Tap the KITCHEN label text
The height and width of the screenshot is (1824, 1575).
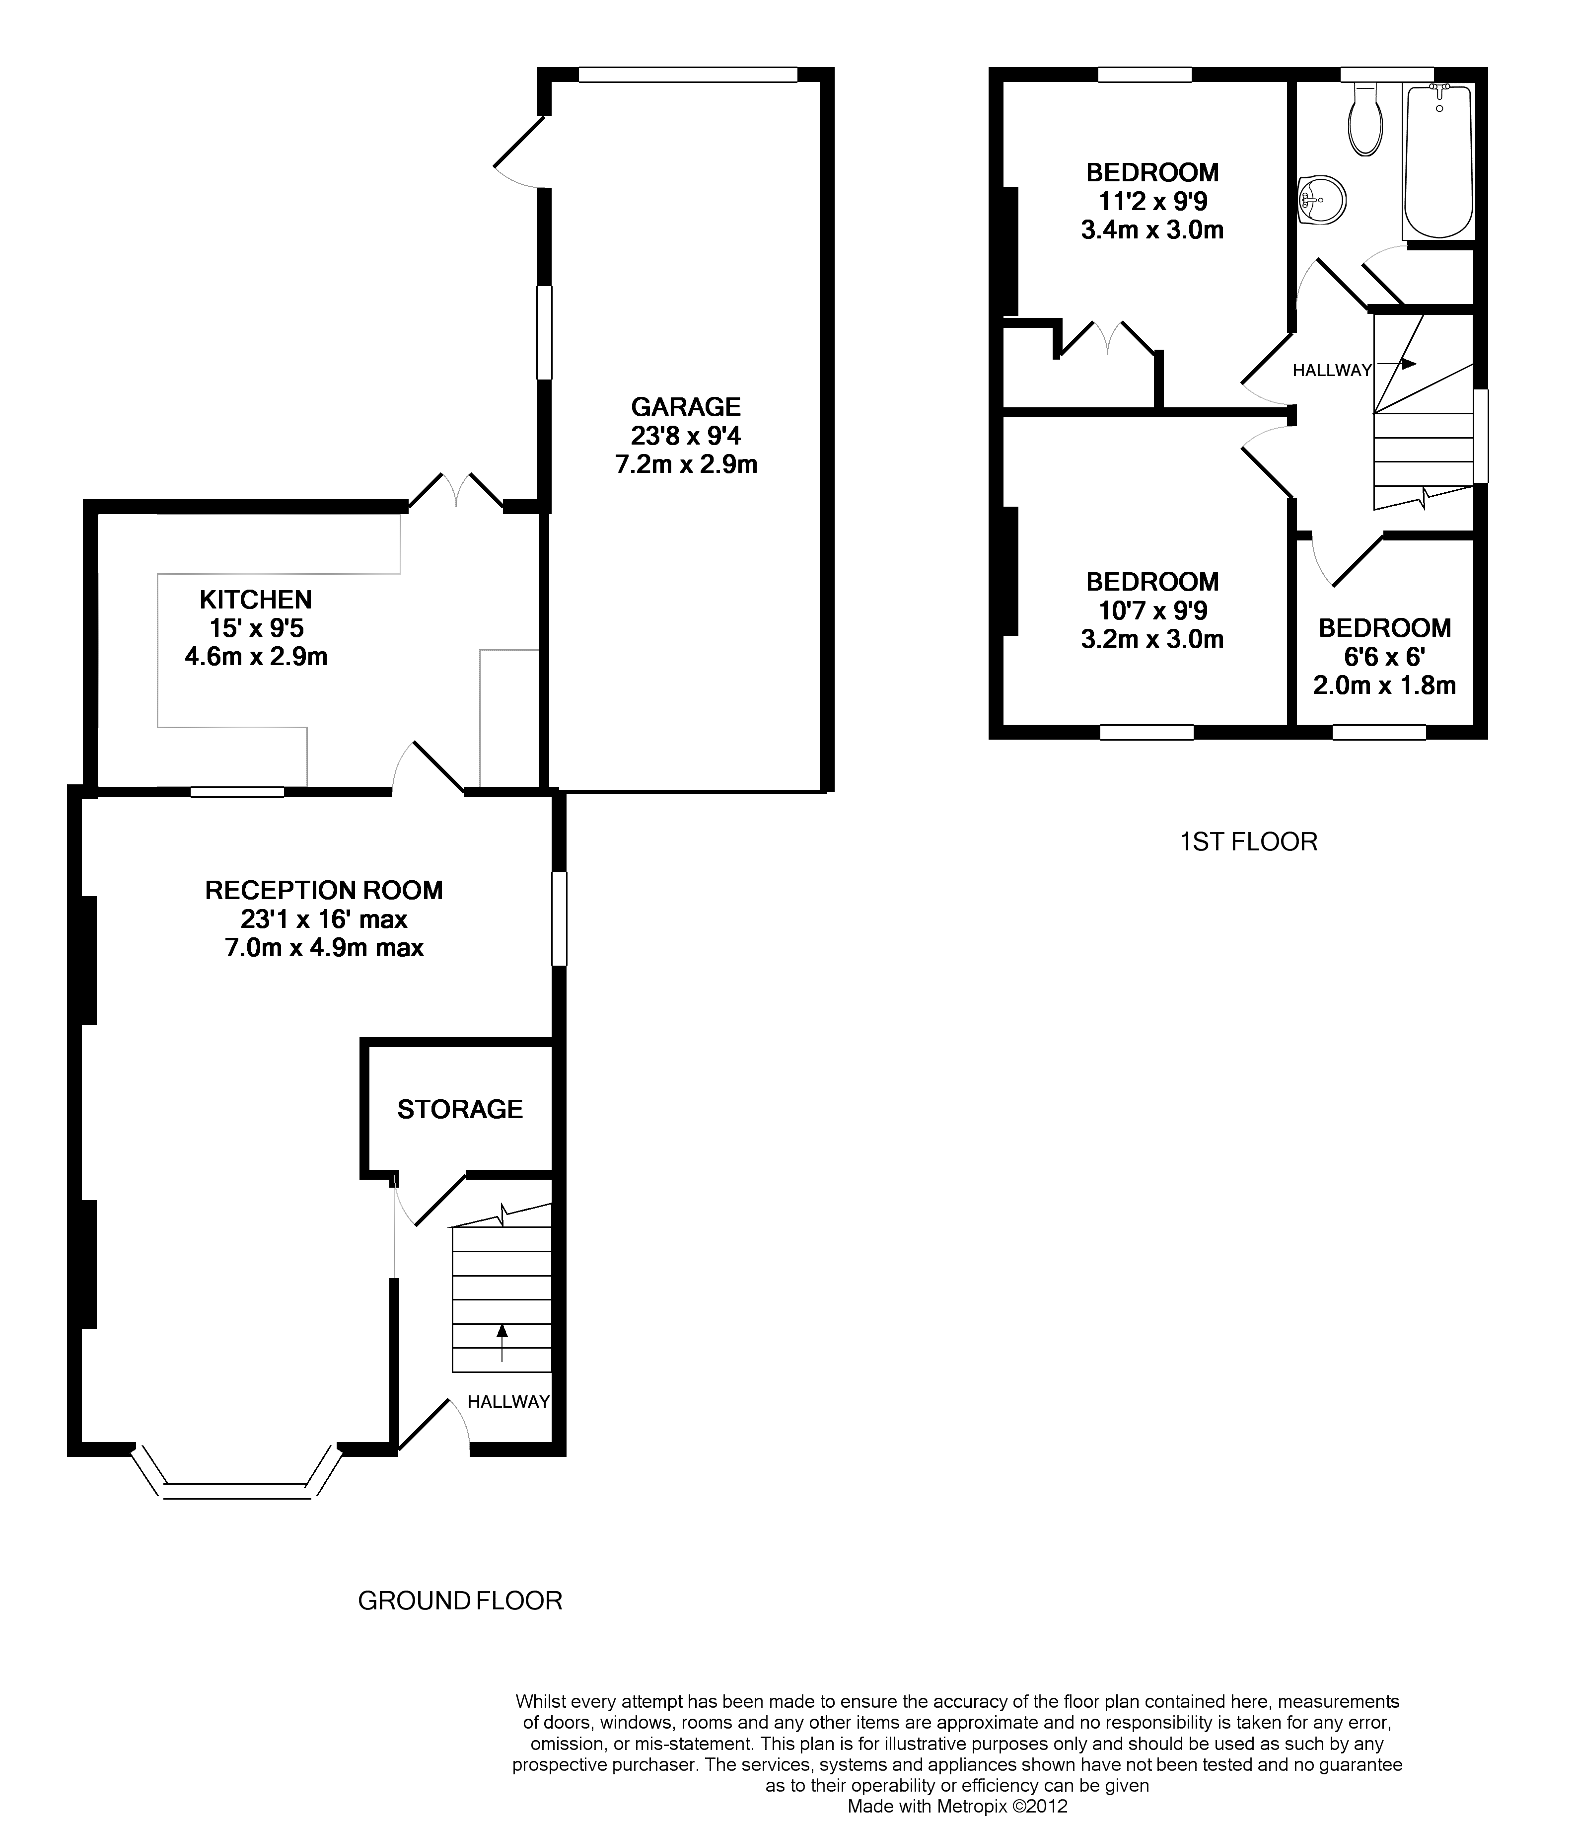pos(256,600)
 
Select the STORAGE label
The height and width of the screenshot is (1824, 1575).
pos(460,1109)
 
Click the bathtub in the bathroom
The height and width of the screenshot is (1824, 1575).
pos(1438,161)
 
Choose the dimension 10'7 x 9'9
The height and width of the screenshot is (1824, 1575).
pos(1152,610)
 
